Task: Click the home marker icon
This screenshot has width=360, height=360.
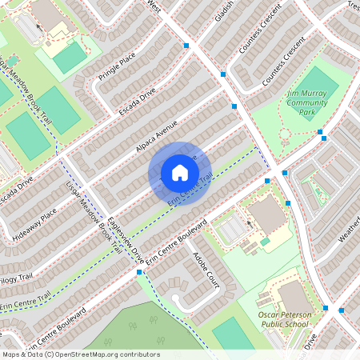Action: (179, 172)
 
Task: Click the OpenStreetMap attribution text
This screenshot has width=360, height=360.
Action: (80, 354)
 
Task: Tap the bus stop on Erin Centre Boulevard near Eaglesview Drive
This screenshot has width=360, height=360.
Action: (139, 273)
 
